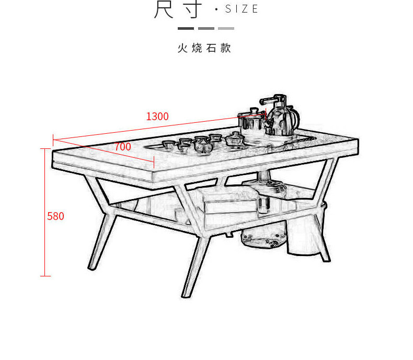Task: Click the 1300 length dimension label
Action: [157, 117]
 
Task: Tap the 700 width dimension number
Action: [122, 147]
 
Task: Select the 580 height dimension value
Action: [55, 216]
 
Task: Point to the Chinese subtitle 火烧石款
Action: [204, 49]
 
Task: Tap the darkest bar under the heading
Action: [186, 28]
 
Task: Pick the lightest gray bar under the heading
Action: [226, 28]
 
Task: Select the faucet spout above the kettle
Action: [267, 99]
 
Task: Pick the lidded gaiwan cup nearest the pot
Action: [234, 138]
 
